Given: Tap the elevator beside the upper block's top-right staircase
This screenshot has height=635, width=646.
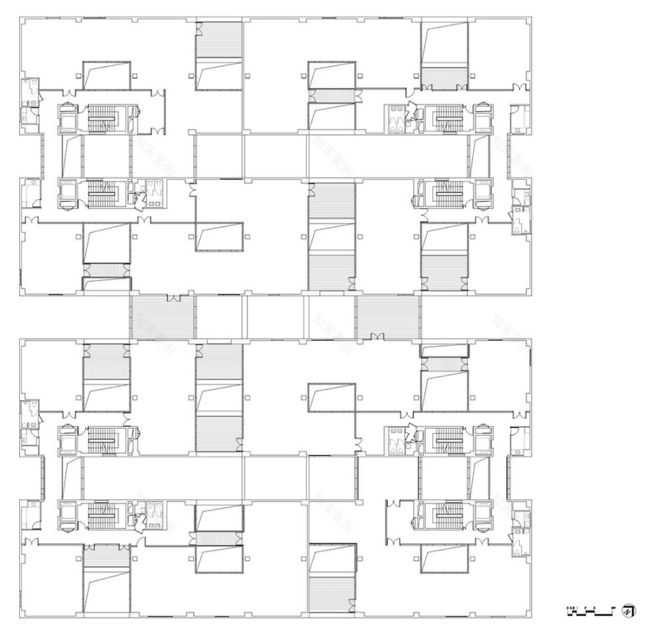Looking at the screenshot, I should [x=482, y=117].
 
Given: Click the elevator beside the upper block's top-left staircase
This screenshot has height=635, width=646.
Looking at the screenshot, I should [x=67, y=117].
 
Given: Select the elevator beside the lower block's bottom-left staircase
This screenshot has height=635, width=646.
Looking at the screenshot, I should [x=67, y=513].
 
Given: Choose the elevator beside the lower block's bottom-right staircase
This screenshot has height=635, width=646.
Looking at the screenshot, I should [x=482, y=513].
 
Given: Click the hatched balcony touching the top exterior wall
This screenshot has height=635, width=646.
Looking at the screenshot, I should [x=219, y=37].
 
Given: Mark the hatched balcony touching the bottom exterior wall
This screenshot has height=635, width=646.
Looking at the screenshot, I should [x=331, y=593].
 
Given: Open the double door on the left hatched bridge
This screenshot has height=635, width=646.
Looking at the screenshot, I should [x=173, y=299].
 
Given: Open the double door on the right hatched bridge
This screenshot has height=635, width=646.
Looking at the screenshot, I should [x=377, y=336].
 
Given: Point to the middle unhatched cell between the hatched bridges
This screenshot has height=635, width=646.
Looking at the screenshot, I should [x=275, y=317].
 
